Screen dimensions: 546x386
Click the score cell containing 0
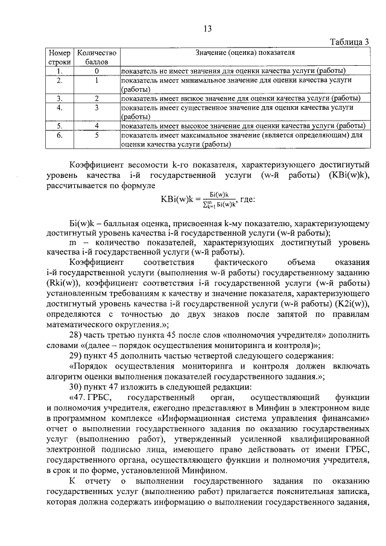(x=96, y=71)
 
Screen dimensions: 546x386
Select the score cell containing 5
(x=96, y=136)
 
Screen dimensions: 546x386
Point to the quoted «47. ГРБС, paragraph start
(x=89, y=399)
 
